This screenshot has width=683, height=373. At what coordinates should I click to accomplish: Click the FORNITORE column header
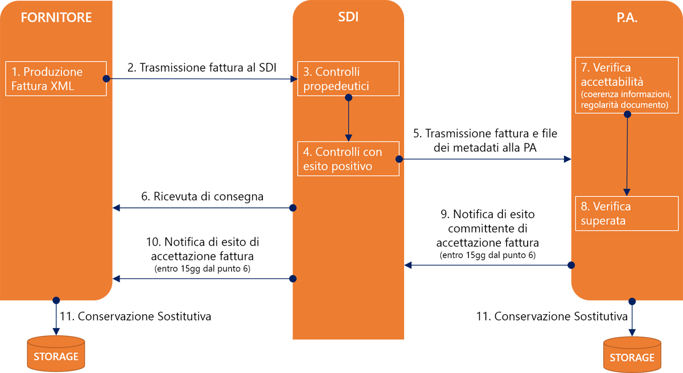(x=56, y=18)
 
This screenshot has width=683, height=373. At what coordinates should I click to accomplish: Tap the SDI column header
(x=348, y=17)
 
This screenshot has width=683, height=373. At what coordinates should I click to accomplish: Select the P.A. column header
(x=627, y=18)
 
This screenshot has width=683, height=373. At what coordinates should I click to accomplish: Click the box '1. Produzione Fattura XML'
(x=56, y=79)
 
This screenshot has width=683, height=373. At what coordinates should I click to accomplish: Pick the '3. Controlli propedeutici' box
(x=348, y=79)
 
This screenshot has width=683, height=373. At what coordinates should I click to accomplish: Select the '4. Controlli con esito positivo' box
(x=348, y=159)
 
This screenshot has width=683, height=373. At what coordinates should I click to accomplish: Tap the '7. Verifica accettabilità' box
(x=627, y=84)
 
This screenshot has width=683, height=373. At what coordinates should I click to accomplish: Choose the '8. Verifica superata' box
(x=627, y=213)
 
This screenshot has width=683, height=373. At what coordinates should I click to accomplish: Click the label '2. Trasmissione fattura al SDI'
(x=201, y=68)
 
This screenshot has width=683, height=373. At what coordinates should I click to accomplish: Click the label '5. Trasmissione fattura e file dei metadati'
(x=485, y=141)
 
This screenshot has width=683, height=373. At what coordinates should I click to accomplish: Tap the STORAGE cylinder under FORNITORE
(x=56, y=353)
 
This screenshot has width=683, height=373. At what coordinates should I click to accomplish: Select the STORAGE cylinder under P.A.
(x=632, y=354)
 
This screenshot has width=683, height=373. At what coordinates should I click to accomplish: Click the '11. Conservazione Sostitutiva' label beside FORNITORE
(x=135, y=317)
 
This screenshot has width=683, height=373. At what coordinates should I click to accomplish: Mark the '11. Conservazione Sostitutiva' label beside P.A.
(x=552, y=317)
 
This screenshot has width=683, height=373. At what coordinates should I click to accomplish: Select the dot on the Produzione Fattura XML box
(x=106, y=79)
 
